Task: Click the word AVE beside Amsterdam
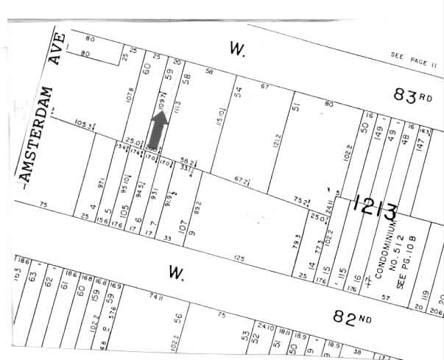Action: (57, 49)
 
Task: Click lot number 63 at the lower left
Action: (32, 277)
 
